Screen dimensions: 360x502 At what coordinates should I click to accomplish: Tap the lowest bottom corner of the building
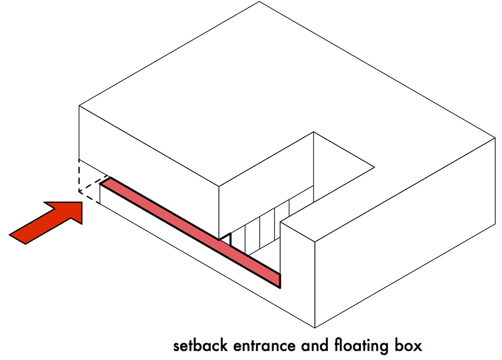pyautogui.click(x=315, y=328)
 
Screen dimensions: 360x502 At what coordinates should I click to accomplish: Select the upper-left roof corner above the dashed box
pyautogui.click(x=79, y=106)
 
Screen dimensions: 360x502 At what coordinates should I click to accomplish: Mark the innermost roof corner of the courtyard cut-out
pyautogui.click(x=313, y=132)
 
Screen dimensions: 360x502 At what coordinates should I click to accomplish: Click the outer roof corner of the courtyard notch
pyautogui.click(x=374, y=167)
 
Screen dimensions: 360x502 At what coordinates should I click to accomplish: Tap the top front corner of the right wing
pyautogui.click(x=315, y=241)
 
